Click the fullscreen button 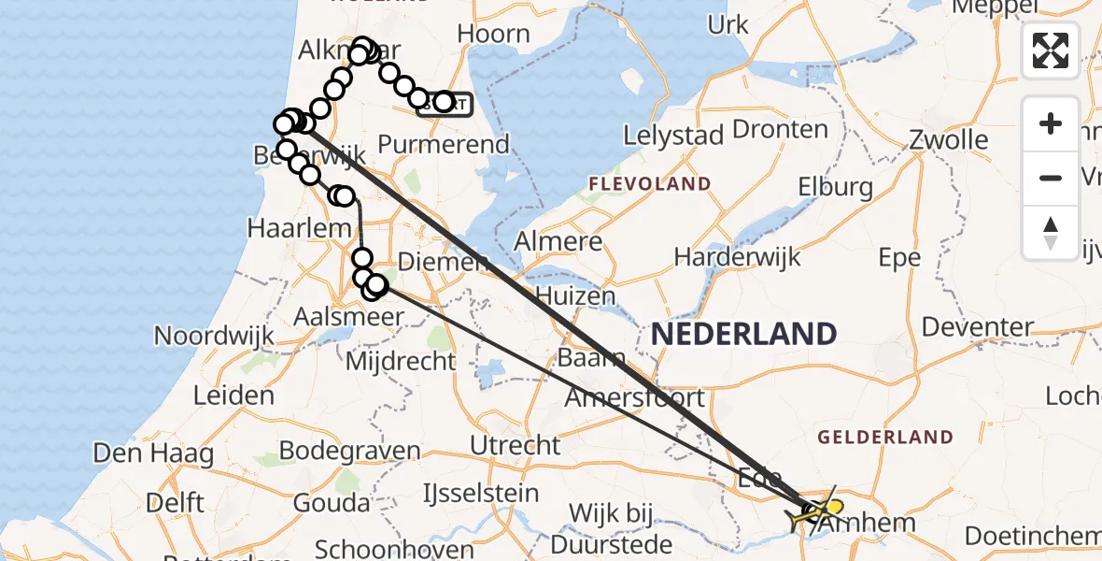coord(1051,50)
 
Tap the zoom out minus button coord(1051,178)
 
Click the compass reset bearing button coord(1051,232)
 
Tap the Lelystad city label coord(673,136)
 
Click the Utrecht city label coord(516,445)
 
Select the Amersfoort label coord(635,397)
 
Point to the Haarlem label coord(285,227)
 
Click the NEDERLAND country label coord(743,334)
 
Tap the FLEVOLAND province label coord(650,183)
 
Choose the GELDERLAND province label coord(885,437)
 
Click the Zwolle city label coord(949,141)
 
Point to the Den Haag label coord(153,454)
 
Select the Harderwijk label coord(731,256)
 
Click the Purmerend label coord(444,145)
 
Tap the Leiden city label coord(234,395)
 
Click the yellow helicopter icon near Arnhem coord(826,508)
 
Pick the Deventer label coord(978,327)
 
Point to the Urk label coord(728,24)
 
